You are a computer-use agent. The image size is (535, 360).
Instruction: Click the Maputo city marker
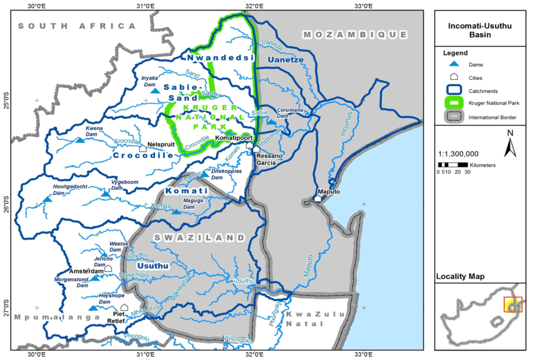317,199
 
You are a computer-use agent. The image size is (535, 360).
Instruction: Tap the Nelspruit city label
159,144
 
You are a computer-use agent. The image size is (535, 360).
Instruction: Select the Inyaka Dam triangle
155,91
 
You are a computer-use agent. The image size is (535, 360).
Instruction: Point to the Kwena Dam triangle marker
79,140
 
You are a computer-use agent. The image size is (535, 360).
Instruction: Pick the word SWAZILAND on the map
199,238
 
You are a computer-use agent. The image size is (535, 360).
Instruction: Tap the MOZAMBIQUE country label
355,34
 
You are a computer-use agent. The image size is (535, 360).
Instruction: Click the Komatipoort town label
234,138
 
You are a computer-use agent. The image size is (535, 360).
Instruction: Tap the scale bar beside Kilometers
452,165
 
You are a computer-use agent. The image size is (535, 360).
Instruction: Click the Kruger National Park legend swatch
455,102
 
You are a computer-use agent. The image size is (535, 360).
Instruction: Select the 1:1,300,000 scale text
458,154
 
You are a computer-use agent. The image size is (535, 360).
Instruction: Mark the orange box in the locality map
513,304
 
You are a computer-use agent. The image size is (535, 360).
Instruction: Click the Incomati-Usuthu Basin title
483,31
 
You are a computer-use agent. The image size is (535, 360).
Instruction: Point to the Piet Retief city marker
124,307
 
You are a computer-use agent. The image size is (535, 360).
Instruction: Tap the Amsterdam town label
86,272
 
